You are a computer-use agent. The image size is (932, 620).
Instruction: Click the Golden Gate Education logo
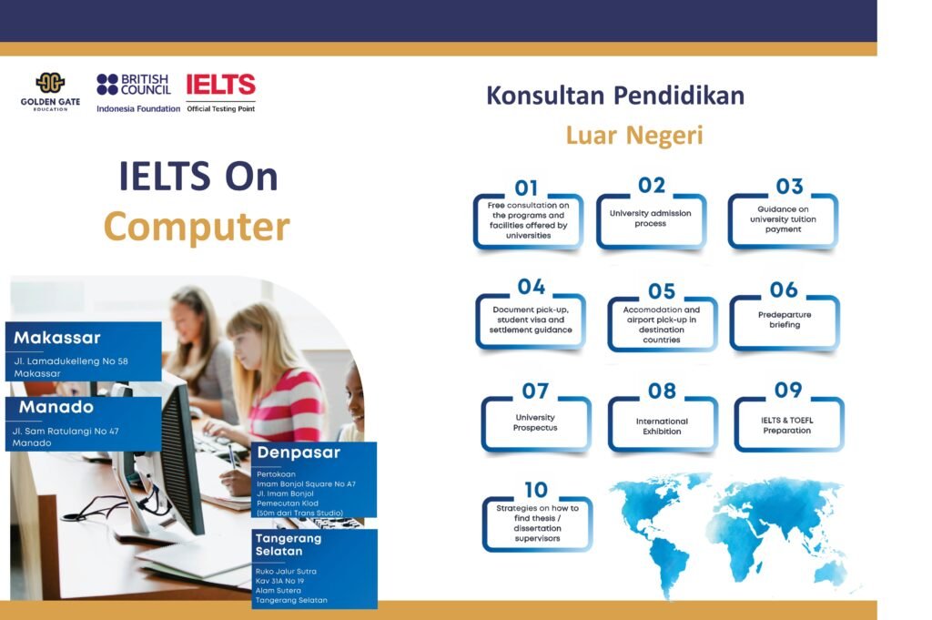(50, 91)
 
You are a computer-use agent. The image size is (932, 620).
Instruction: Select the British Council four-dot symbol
(107, 85)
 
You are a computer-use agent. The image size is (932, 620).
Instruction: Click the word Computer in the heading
(197, 227)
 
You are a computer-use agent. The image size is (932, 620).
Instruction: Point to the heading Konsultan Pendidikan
(615, 95)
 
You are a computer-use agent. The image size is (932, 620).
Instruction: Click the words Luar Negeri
(634, 135)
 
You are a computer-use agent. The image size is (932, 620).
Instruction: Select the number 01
(526, 188)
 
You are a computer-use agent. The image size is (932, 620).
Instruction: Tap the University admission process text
(650, 219)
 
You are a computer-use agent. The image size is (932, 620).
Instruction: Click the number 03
(789, 186)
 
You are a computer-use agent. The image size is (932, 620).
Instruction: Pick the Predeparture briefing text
(785, 320)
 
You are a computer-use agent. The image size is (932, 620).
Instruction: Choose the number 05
(662, 290)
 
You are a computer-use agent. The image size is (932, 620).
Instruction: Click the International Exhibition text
(662, 426)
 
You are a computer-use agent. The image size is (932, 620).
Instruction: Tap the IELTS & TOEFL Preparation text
(787, 425)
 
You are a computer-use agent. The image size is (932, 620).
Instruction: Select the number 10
(536, 489)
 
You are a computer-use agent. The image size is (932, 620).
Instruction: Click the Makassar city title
(57, 338)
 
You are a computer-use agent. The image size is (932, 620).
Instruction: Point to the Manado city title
(56, 407)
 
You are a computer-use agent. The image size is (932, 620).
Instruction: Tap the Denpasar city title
(299, 452)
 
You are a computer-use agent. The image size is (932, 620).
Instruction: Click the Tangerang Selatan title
(289, 544)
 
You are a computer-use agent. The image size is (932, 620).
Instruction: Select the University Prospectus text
(535, 422)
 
